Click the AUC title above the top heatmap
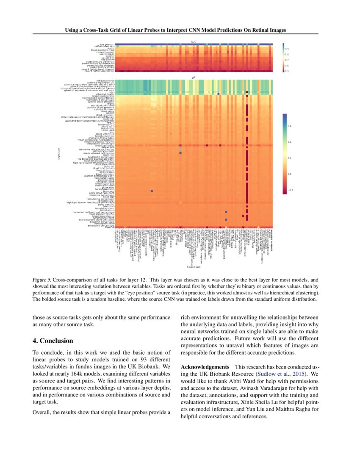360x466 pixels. [x=194, y=41]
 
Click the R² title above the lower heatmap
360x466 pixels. [x=194, y=78]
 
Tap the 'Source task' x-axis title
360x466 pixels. [x=194, y=267]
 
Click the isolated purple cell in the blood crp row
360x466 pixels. [x=152, y=191]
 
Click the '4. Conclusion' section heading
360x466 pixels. [x=53, y=341]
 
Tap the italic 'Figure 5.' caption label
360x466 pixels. [x=42, y=280]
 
